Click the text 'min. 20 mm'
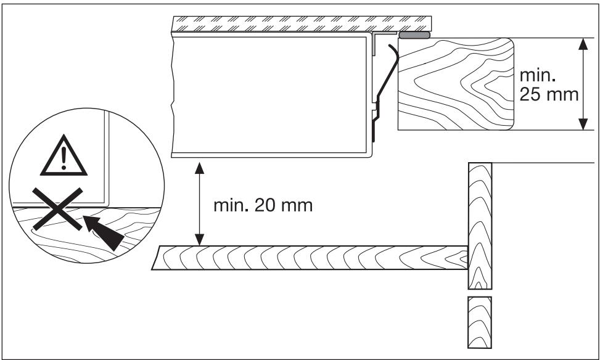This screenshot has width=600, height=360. point(263,205)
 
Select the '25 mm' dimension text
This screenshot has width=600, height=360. point(548,94)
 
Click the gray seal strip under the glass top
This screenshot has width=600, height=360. point(414,36)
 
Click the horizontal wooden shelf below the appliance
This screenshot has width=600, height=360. point(308,258)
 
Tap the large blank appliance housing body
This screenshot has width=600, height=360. point(271,92)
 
